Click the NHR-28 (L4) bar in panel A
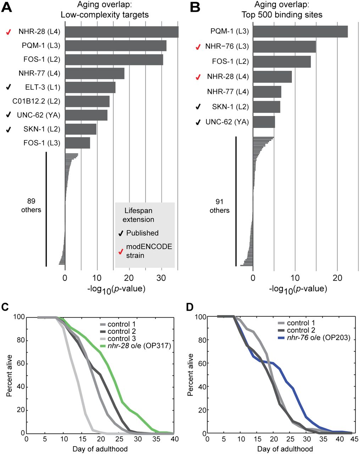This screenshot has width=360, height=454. (x=121, y=32)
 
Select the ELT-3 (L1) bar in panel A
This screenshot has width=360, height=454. (x=90, y=88)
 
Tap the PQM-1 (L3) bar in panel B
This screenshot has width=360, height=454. (x=300, y=32)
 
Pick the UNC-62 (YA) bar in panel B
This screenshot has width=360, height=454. (x=264, y=122)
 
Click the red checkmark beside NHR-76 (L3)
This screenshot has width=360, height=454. (x=199, y=47)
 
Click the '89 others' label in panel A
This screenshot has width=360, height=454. (x=31, y=205)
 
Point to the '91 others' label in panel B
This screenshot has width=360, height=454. (x=220, y=206)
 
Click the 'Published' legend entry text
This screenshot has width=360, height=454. (x=143, y=233)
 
